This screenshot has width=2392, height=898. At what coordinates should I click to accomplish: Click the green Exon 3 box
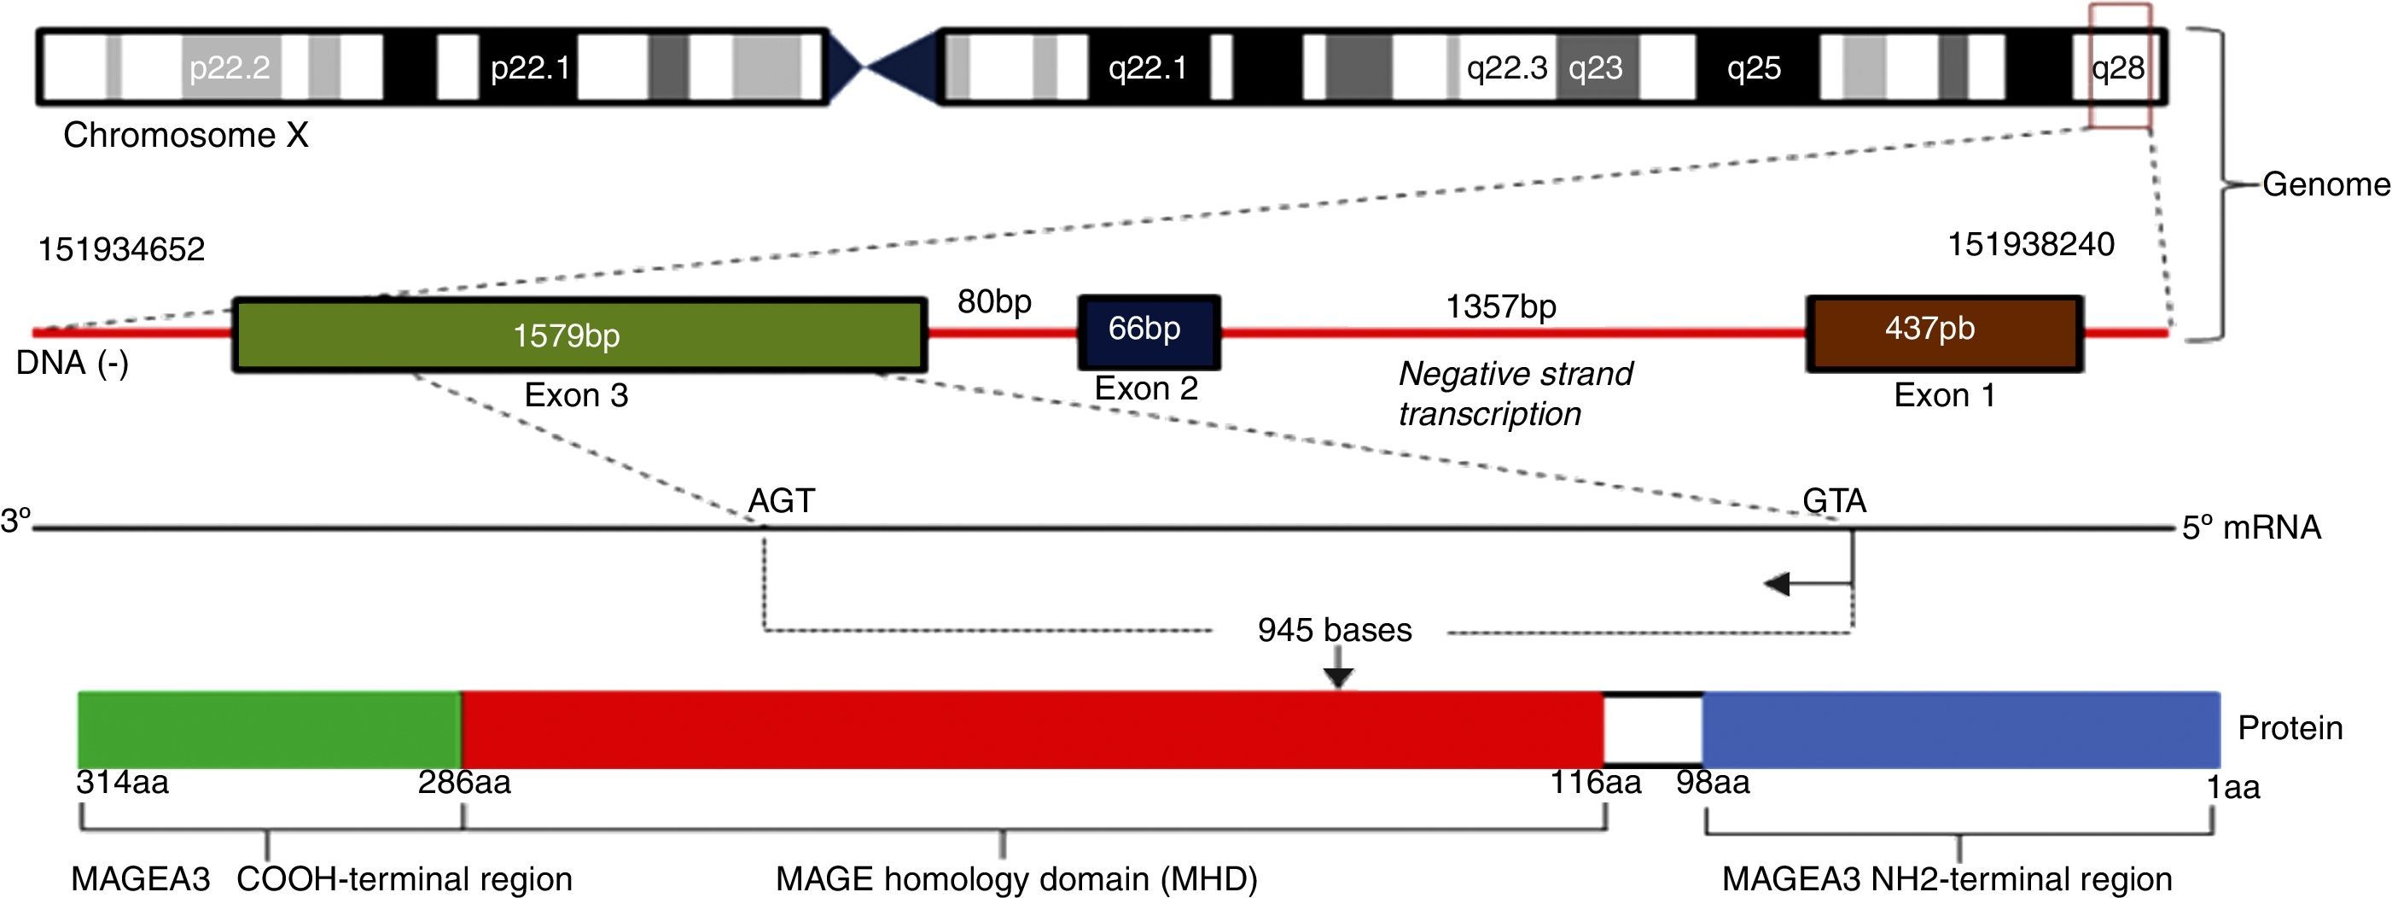579,335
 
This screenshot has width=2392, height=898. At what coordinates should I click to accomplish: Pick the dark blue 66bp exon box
1148,330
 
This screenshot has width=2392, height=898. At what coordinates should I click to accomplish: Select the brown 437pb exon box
1945,332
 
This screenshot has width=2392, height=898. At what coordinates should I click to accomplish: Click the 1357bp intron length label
1499,306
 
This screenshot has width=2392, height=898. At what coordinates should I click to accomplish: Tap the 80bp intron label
993,302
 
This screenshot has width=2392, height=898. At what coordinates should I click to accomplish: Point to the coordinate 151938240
2031,245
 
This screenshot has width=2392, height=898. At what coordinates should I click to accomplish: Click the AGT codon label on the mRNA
781,501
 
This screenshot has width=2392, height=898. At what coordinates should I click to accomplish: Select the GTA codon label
1834,501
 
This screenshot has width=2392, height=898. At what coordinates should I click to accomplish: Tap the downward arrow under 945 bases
1337,670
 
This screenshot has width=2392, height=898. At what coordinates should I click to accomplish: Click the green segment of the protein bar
270,729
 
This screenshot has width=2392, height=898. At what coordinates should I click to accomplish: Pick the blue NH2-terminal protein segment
1959,729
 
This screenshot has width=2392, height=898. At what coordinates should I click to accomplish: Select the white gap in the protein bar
1653,731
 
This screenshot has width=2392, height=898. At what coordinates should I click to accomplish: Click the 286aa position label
463,783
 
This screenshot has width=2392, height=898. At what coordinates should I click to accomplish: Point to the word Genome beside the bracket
2325,184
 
